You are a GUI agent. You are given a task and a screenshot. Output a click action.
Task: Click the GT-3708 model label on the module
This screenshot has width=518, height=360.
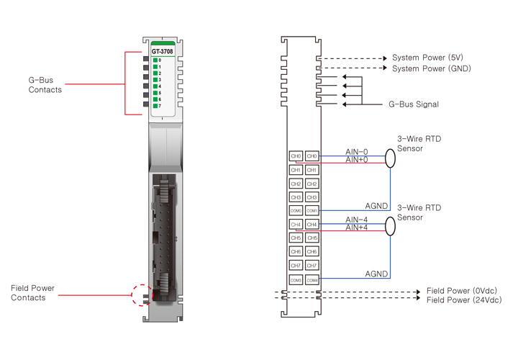(162, 51)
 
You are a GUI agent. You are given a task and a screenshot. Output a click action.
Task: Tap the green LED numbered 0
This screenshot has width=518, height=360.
(155, 60)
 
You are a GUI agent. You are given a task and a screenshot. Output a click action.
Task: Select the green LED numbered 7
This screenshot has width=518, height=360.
(155, 106)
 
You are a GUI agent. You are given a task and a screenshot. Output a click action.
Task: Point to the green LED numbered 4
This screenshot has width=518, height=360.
(155, 86)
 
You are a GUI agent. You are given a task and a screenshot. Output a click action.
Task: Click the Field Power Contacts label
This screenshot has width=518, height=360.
(32, 293)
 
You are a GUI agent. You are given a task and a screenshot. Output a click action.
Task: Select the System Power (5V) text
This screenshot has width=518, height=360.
(428, 58)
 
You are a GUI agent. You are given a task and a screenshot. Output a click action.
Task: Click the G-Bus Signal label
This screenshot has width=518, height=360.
(414, 104)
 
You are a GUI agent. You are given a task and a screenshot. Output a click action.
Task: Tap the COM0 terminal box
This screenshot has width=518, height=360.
(296, 211)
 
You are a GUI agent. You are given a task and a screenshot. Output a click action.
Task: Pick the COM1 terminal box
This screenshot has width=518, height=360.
(312, 211)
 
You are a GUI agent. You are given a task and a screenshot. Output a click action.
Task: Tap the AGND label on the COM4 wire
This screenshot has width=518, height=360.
(376, 274)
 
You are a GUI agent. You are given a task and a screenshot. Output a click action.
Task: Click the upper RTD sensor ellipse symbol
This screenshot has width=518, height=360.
(390, 158)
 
